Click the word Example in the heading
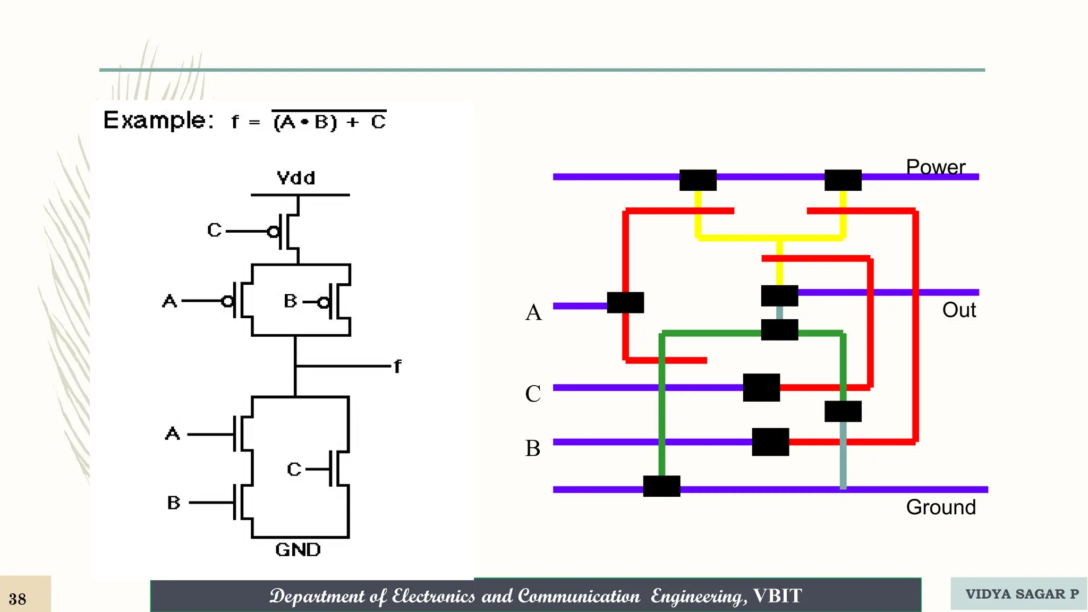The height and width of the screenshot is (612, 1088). point(158,121)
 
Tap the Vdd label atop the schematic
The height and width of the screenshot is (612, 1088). point(296,177)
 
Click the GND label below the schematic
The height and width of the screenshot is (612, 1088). point(297,549)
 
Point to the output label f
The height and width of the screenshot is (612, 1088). point(397,366)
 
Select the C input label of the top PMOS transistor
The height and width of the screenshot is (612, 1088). point(214,230)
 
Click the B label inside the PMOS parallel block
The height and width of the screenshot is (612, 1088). point(290,301)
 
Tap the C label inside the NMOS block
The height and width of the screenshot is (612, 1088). point(294,469)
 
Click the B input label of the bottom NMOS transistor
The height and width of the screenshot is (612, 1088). point(174,503)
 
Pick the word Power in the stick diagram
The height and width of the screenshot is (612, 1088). point(935,167)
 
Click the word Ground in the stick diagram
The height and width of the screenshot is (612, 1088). point(940,507)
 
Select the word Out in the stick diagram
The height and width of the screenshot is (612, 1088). point(958,310)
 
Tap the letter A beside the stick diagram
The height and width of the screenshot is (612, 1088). point(533,312)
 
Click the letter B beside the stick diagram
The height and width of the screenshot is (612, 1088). point(533,448)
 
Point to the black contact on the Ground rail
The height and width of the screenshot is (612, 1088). point(661,486)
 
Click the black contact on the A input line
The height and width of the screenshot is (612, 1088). point(625,302)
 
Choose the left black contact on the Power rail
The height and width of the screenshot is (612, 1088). point(698,180)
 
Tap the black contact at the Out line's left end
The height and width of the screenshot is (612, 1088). point(779,295)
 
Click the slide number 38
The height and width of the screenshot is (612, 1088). point(18,599)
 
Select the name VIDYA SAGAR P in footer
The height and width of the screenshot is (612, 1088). point(1022,594)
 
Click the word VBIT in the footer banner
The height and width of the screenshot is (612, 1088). point(777,596)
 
